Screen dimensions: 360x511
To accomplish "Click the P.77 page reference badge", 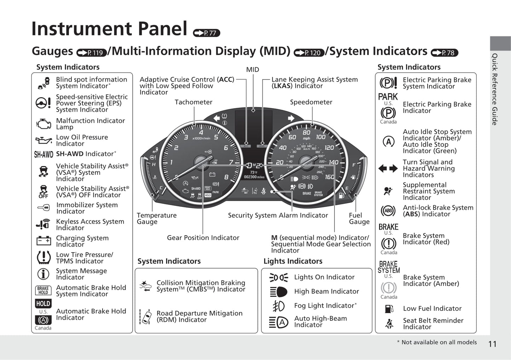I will [207, 33].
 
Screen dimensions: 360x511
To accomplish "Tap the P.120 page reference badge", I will [309, 53].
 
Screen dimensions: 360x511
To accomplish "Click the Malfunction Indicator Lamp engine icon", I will [43, 124].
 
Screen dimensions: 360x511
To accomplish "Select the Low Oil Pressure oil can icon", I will [43, 140].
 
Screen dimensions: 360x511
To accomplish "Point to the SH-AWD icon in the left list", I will [43, 154].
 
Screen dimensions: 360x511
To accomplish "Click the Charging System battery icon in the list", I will [43, 241].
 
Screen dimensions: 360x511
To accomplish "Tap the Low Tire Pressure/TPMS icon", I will [43, 258].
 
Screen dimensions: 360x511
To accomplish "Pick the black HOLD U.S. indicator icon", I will [43, 303].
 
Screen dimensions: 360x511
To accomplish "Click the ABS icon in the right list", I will [388, 211].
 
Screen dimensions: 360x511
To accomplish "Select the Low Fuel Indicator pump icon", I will [389, 308].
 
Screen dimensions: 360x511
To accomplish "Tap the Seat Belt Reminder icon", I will [389, 323].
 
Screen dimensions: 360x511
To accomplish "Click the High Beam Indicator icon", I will [279, 291].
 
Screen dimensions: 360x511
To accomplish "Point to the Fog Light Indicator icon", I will [278, 306].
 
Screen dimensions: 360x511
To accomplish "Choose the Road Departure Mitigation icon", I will [146, 317].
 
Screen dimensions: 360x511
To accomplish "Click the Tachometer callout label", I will [193, 102].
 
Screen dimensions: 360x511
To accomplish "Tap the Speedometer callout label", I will [311, 102].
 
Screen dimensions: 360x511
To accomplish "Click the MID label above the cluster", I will [252, 70].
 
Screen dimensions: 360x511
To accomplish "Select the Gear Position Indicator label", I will [203, 238].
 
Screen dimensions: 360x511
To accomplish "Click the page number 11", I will [492, 344].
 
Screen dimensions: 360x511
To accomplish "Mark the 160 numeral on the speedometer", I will [329, 177].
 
